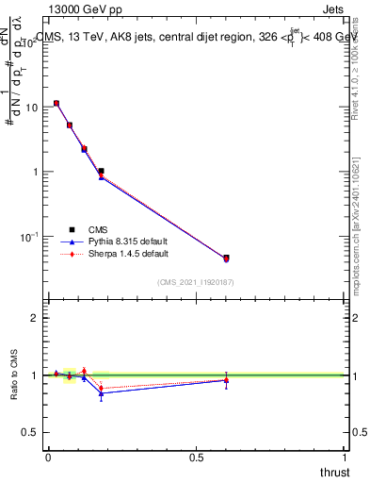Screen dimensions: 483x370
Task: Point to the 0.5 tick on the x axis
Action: pos(197,458)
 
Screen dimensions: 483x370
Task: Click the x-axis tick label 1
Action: pos(346,458)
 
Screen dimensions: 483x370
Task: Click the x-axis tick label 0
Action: pos(48,458)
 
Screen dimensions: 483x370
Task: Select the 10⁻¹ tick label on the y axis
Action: pos(28,236)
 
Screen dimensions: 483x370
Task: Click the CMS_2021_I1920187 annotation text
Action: pos(196,281)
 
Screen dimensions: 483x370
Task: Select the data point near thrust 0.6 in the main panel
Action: pos(226,258)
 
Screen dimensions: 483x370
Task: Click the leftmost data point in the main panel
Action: pos(56,104)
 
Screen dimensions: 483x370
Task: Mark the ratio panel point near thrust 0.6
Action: pos(226,379)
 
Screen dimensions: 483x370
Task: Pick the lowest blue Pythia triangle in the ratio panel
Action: pos(101,392)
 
